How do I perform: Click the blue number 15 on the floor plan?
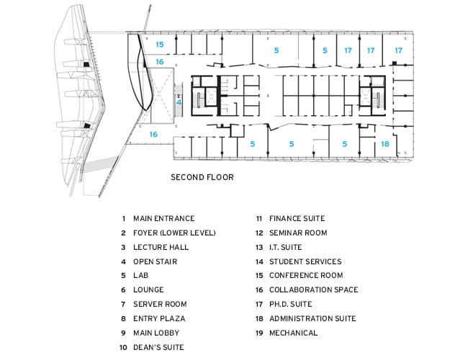(160, 45)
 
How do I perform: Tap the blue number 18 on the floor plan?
(385, 144)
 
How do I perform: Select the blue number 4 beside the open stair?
(179, 102)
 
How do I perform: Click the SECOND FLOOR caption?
(202, 177)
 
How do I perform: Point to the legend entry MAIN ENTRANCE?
(164, 218)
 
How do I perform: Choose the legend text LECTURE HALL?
(161, 247)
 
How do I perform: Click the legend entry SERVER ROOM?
(160, 304)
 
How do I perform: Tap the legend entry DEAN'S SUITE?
(158, 348)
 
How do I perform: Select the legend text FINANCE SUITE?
(297, 218)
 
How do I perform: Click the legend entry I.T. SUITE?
(286, 247)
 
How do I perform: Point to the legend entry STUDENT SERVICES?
(305, 262)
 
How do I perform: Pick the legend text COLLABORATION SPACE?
(314, 290)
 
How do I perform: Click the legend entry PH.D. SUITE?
(291, 304)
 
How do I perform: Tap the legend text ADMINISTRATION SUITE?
(312, 318)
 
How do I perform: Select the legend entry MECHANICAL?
(293, 333)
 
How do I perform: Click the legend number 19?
(259, 333)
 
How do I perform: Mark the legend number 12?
(259, 233)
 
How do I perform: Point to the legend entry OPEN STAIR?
(156, 262)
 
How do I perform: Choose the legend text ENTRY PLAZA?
(159, 318)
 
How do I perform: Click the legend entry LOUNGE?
(148, 290)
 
